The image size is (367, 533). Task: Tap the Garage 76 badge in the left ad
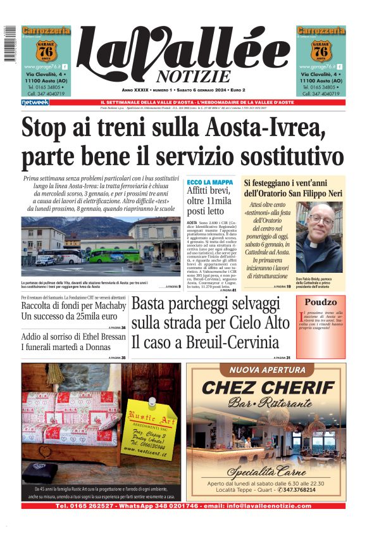click(x=46, y=49)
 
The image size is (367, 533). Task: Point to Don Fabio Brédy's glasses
click(x=327, y=216)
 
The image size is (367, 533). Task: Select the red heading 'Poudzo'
click(x=320, y=303)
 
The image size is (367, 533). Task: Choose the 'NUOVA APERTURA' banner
click(x=266, y=370)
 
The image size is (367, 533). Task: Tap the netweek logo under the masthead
click(x=34, y=103)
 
